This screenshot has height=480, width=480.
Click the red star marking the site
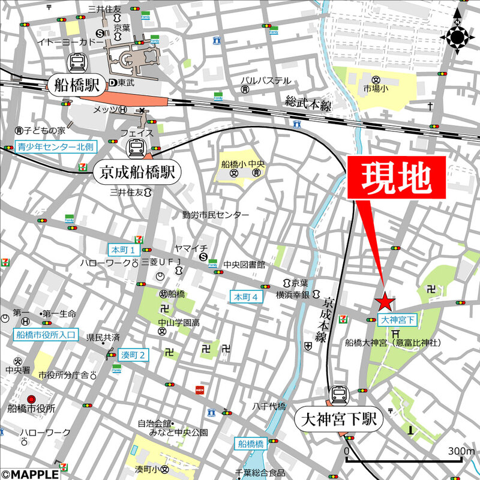point(385,301)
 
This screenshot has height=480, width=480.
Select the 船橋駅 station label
point(76,83)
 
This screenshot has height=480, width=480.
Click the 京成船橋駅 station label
point(137,173)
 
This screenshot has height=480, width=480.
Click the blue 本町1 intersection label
point(124,249)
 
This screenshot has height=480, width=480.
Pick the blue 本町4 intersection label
point(246,296)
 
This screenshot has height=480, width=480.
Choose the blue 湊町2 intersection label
point(133,355)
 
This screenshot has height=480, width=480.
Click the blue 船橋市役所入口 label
point(43,334)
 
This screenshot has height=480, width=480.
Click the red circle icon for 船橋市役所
point(31,398)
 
